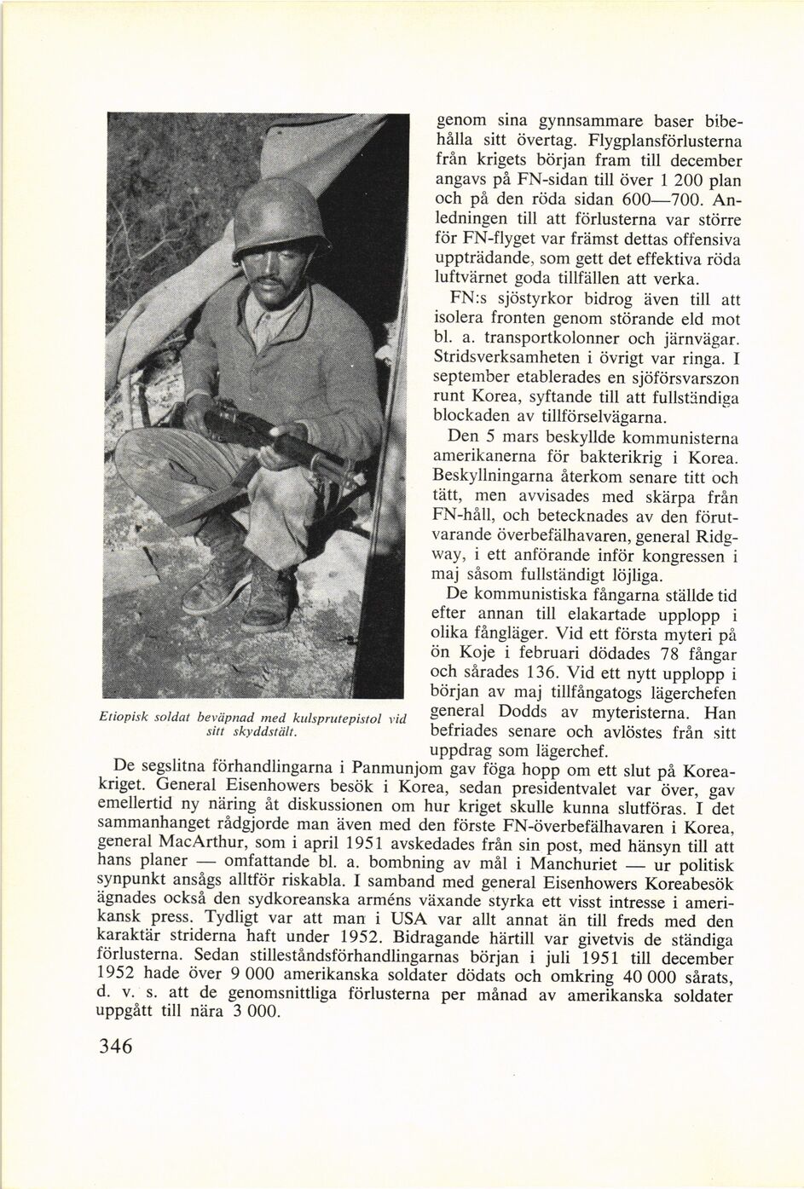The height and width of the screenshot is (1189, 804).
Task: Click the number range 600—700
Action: pyautogui.click(x=658, y=202)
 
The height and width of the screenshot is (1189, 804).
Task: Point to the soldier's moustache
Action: pyautogui.click(x=271, y=281)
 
